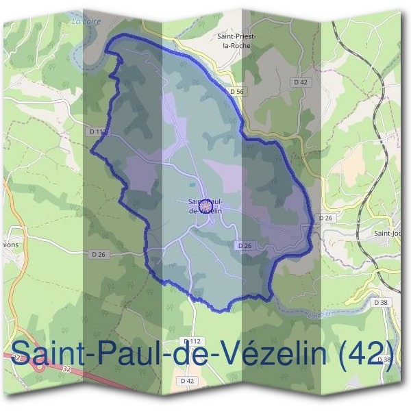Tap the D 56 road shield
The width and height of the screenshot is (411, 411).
[238, 91]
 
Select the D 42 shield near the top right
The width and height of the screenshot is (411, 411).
[300, 82]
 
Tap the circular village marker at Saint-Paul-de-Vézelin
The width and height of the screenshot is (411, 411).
[205, 205]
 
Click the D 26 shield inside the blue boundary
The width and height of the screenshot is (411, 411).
[245, 245]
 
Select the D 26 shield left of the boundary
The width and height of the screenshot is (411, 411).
[99, 255]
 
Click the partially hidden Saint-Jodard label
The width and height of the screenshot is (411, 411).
[387, 233]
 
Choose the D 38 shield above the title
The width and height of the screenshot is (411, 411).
[381, 301]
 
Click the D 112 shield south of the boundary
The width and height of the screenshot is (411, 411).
[191, 341]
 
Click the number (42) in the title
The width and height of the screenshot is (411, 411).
[370, 354]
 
